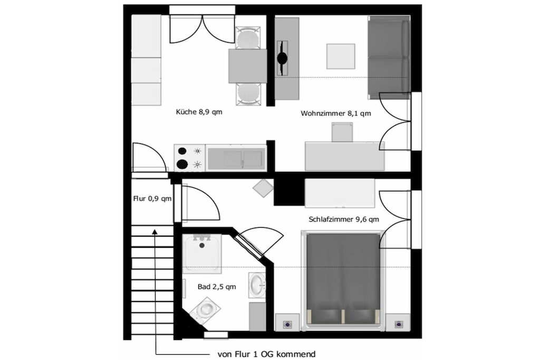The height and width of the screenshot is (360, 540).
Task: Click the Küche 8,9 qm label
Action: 199,112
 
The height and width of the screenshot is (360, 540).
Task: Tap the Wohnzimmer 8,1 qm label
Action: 336,113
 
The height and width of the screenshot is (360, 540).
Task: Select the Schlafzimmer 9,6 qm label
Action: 344,219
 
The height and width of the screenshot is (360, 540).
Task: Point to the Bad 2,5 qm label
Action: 217,287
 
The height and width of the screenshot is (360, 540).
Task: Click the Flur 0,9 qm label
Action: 152,199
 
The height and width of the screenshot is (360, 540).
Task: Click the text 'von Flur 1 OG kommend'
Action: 266,354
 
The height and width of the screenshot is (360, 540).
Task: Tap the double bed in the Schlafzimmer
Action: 343,279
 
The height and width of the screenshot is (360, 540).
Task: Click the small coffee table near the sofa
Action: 341,56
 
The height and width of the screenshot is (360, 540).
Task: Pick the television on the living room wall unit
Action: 283,58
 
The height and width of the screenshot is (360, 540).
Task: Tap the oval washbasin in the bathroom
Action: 257,285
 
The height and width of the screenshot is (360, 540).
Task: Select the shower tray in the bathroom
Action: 202,254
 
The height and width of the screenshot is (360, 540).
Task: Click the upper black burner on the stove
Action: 182,151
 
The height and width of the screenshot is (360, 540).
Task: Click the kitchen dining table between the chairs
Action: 248,66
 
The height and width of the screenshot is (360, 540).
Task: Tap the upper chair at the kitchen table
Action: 248,37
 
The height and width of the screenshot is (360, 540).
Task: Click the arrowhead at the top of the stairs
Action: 155,232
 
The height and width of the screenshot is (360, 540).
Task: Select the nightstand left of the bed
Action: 287,323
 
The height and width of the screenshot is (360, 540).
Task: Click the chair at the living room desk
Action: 342,133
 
